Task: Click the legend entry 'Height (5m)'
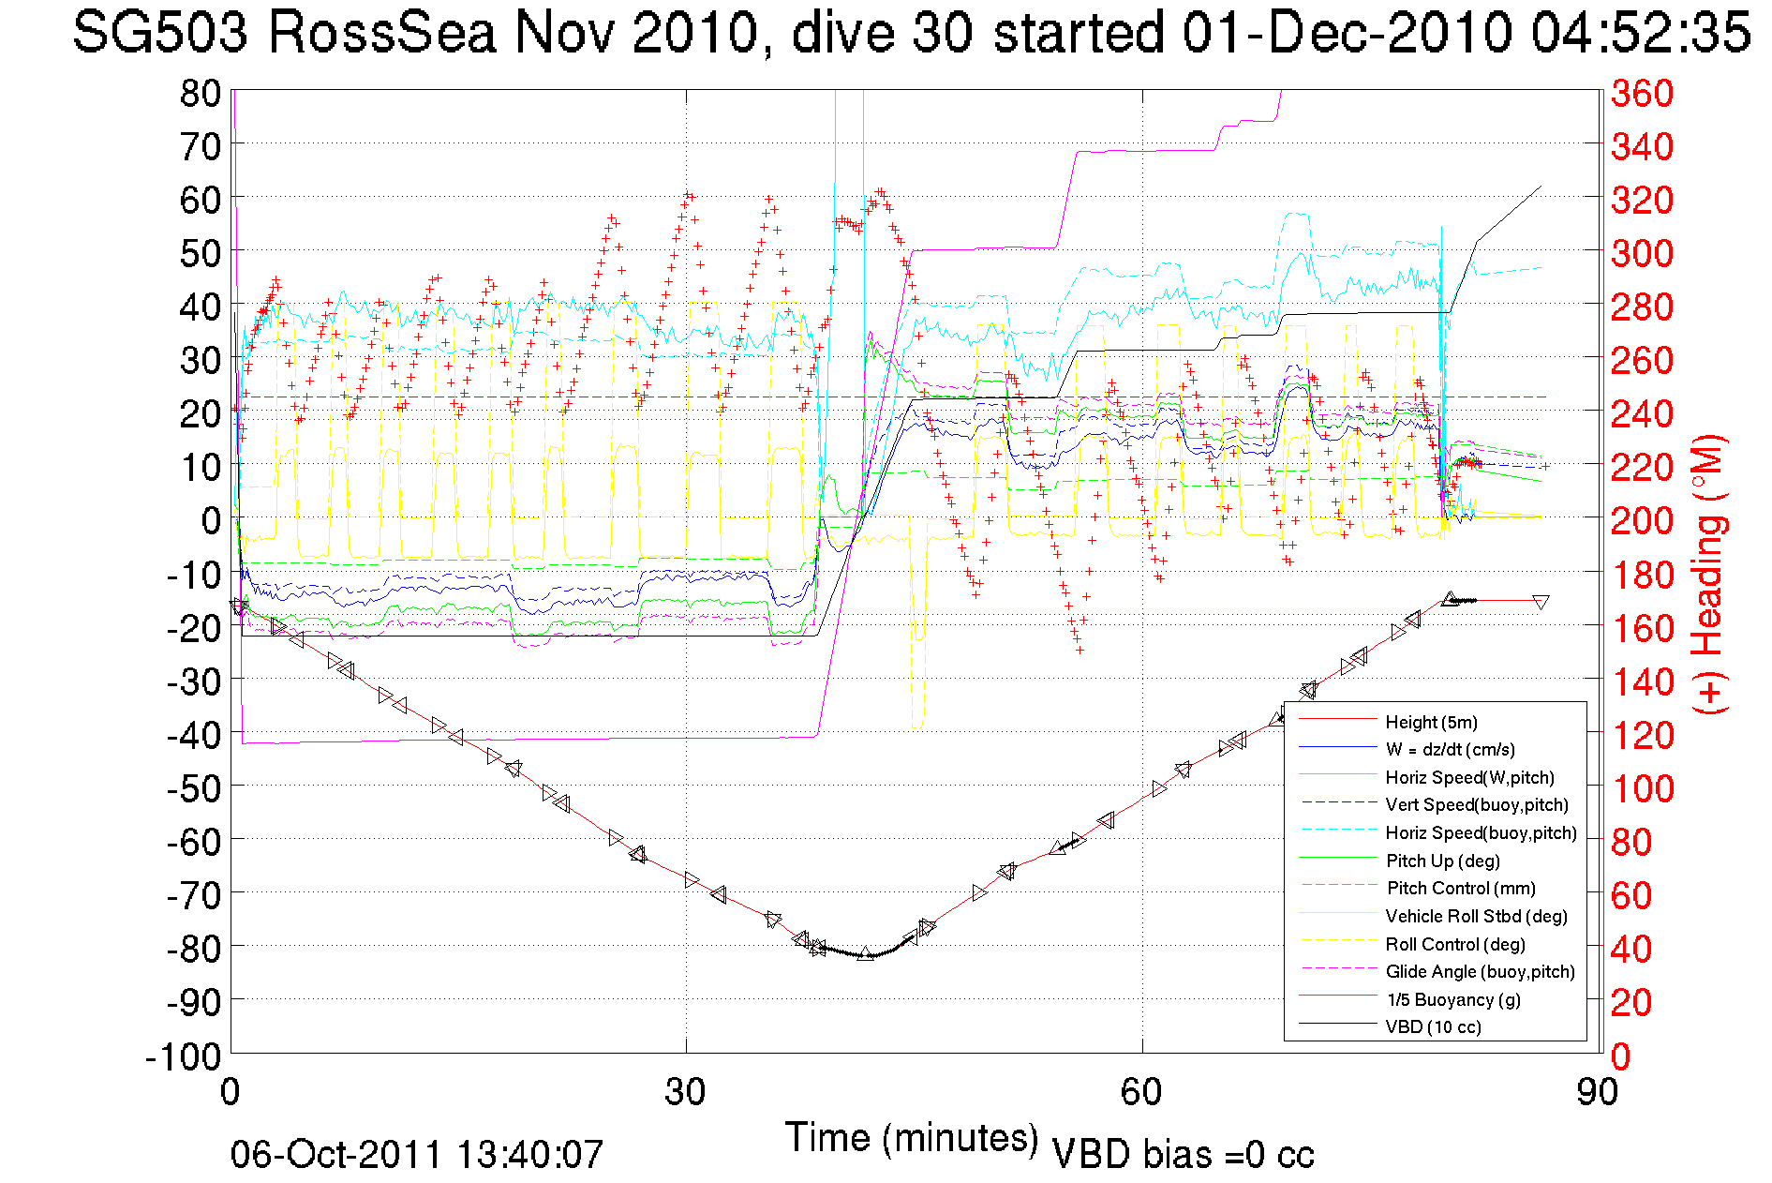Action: pos(1431,722)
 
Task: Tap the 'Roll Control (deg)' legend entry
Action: pos(1454,944)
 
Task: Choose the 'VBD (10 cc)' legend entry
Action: pos(1433,1027)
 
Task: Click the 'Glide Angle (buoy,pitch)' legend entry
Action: pos(1480,972)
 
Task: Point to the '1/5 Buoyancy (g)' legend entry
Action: pos(1453,999)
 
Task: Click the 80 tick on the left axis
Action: pos(200,93)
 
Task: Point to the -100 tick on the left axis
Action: pos(183,1056)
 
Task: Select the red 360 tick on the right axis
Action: pos(1642,93)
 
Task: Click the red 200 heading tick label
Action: pos(1642,520)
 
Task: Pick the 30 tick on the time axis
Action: pos(685,1092)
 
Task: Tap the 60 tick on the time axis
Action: pos(1141,1092)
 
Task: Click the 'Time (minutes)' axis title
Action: pos(912,1138)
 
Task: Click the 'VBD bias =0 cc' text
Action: pos(1183,1155)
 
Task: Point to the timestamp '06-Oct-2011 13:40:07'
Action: pos(417,1155)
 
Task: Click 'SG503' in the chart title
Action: pos(160,33)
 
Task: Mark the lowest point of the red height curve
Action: pos(865,954)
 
